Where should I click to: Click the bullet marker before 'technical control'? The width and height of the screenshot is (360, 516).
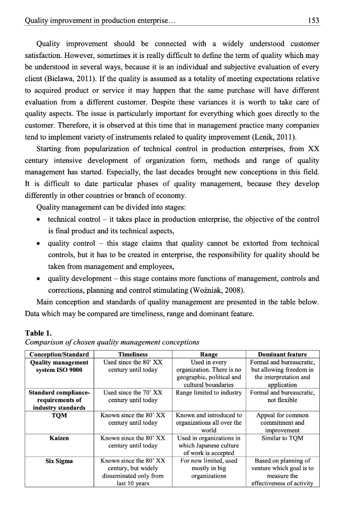click(40, 220)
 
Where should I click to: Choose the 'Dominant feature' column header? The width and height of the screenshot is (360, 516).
click(282, 354)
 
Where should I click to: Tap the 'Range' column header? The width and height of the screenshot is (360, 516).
click(209, 354)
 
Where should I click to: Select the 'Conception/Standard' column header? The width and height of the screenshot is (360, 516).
click(59, 354)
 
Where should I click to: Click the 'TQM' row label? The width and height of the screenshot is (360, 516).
click(59, 416)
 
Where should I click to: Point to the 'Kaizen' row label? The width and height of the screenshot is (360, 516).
click(59, 438)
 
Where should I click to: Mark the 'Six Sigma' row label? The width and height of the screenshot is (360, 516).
click(59, 461)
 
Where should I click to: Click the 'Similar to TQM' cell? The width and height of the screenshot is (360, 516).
click(282, 438)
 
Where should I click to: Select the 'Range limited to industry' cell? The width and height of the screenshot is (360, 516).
click(209, 393)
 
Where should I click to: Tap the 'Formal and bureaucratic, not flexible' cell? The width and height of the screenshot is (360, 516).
click(282, 396)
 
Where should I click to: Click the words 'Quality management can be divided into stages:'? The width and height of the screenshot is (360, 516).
click(117, 208)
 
